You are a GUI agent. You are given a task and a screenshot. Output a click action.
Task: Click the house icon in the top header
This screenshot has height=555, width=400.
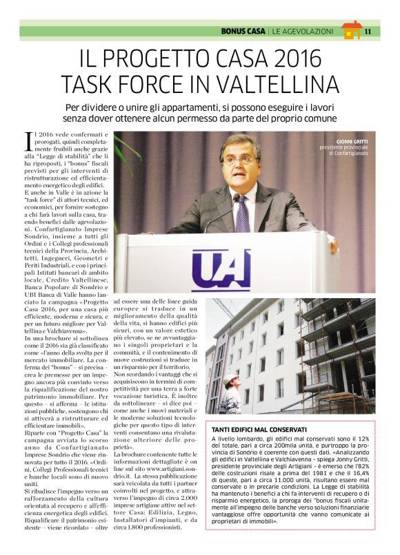click(x=351, y=30)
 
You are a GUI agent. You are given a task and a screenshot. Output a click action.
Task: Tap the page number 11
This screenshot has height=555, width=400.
click(x=368, y=31)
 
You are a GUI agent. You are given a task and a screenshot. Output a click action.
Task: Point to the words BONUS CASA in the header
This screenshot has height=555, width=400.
click(x=242, y=31)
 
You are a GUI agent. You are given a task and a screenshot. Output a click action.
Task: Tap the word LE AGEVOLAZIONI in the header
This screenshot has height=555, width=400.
click(x=303, y=31)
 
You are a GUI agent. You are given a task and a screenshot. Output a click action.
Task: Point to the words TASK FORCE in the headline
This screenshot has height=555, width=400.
click(x=123, y=83)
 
